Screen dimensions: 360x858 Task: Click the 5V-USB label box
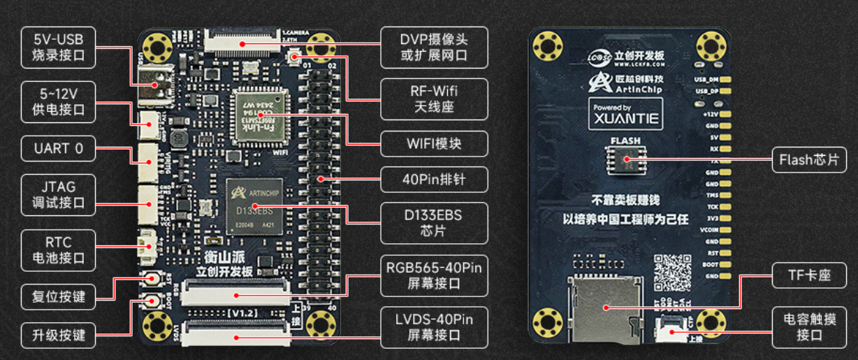point(58,47)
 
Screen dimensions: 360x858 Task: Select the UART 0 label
point(58,148)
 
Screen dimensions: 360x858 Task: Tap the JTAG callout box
point(58,194)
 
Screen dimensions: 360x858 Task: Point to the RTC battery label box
point(58,250)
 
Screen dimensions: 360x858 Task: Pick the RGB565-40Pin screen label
point(434,275)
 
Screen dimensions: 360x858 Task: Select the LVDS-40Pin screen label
point(434,327)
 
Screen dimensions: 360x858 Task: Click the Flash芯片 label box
point(808,159)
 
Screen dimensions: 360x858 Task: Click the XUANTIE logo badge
point(625,113)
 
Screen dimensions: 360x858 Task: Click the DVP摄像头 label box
point(434,47)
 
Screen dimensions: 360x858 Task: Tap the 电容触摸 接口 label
point(808,327)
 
